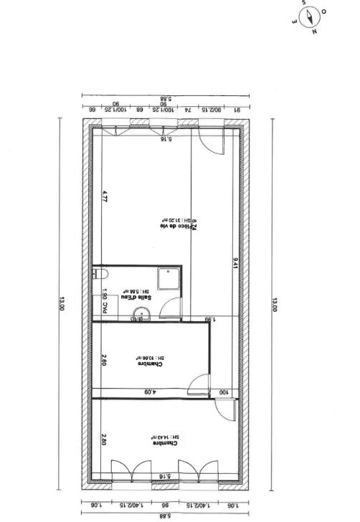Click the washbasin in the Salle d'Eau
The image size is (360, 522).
click(x=143, y=310)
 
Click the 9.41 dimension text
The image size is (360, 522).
click(x=235, y=262)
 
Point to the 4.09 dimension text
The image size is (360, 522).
click(x=148, y=391)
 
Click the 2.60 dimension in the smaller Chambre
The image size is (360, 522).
click(x=105, y=361)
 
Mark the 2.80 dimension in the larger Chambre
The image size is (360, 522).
click(x=105, y=439)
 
